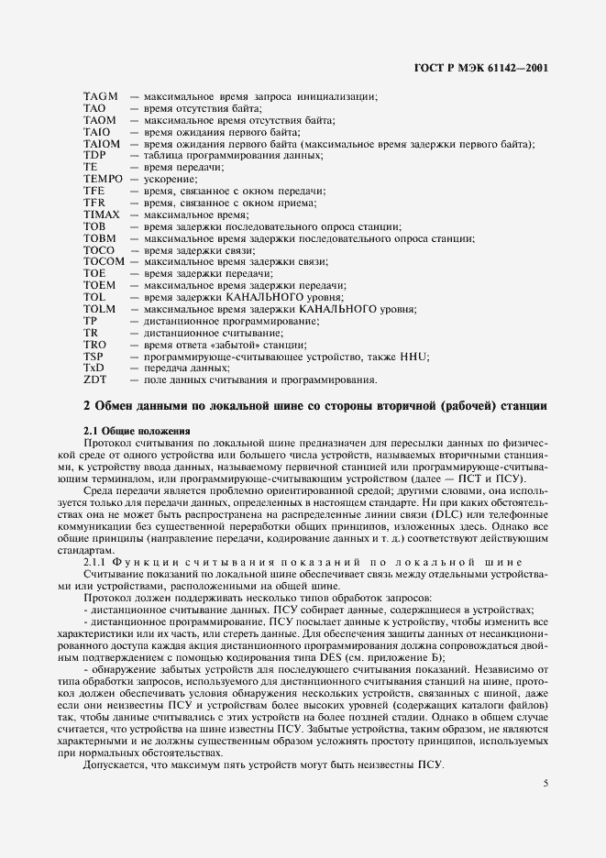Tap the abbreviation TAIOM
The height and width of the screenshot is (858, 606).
coord(101,145)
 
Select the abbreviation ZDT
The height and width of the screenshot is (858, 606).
coord(94,379)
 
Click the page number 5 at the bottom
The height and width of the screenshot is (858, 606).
coord(545,758)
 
